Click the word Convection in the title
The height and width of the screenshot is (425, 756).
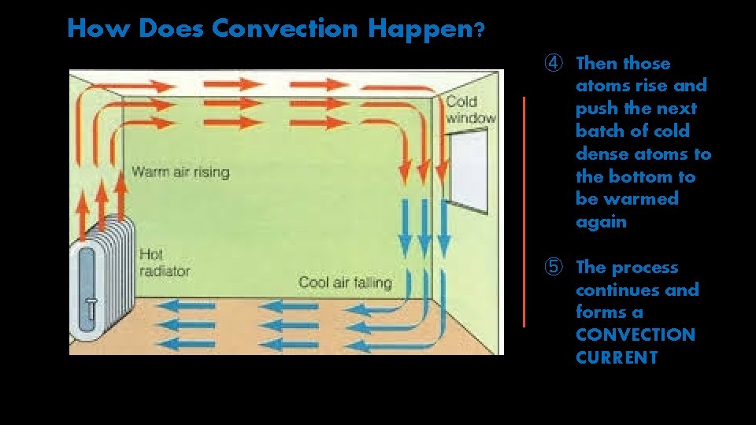tap(284, 29)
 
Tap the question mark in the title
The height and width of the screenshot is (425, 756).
tap(479, 31)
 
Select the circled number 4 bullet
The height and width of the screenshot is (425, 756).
tap(554, 63)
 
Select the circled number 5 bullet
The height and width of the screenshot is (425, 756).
tap(554, 267)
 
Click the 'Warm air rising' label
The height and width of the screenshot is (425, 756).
tap(180, 172)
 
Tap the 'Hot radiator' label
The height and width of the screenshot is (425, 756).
tap(164, 262)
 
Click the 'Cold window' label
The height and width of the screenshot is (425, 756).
tap(470, 109)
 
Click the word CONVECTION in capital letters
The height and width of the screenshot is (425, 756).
tap(636, 335)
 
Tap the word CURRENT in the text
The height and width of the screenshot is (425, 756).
tap(617, 358)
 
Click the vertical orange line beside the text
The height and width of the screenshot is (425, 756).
tap(524, 211)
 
